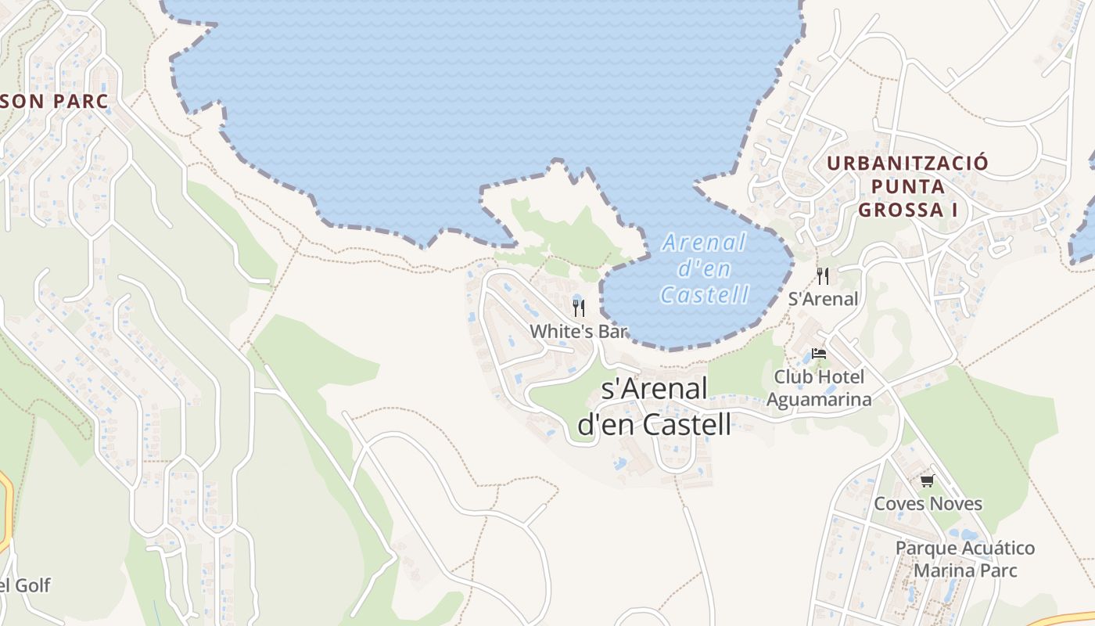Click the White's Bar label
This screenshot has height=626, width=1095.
point(579,331)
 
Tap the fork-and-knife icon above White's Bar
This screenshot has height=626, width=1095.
point(579,308)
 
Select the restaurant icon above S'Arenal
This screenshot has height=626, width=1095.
point(822,275)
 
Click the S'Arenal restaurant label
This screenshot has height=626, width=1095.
point(823,298)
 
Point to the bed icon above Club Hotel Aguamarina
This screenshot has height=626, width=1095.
point(818,354)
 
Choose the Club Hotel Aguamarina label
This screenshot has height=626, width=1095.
point(819,388)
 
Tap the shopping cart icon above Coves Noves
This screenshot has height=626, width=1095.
point(927,480)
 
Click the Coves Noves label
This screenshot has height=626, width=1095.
point(928,503)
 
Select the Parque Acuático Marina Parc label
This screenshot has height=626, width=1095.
point(965,559)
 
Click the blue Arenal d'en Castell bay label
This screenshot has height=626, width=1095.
point(705,268)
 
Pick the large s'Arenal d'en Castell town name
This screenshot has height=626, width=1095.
point(655,406)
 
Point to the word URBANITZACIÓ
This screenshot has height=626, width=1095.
point(907,164)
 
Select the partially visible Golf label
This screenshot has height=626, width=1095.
point(28,585)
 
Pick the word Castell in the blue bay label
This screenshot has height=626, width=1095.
point(705,294)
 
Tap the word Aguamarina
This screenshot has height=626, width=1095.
point(819,399)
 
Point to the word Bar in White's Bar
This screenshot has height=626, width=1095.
point(612,331)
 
